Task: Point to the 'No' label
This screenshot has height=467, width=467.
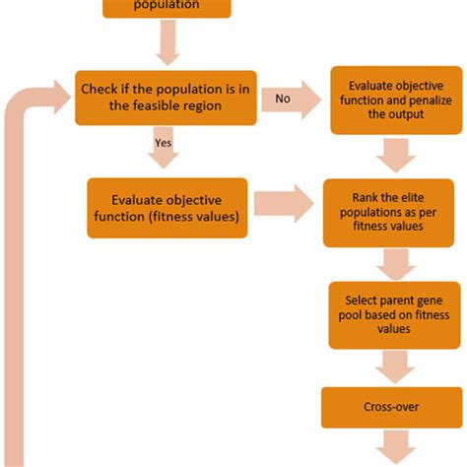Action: pyautogui.click(x=283, y=99)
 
